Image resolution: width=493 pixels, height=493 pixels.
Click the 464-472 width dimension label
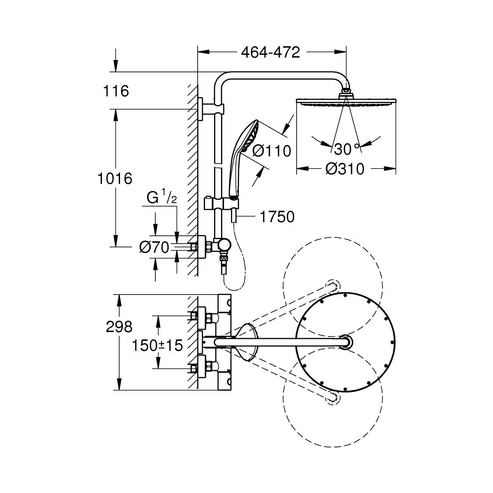click(270, 53)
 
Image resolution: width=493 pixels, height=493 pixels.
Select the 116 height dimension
click(116, 91)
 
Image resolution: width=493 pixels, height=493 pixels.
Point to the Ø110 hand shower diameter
click(271, 151)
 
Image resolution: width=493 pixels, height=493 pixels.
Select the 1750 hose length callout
click(277, 217)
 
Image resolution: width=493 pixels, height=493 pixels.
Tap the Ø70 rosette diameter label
click(154, 247)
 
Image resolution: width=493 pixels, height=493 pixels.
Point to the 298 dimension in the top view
click(119, 327)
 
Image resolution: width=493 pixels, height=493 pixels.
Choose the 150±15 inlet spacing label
click(157, 345)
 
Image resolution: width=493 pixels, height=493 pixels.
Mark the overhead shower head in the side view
click(346, 102)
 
